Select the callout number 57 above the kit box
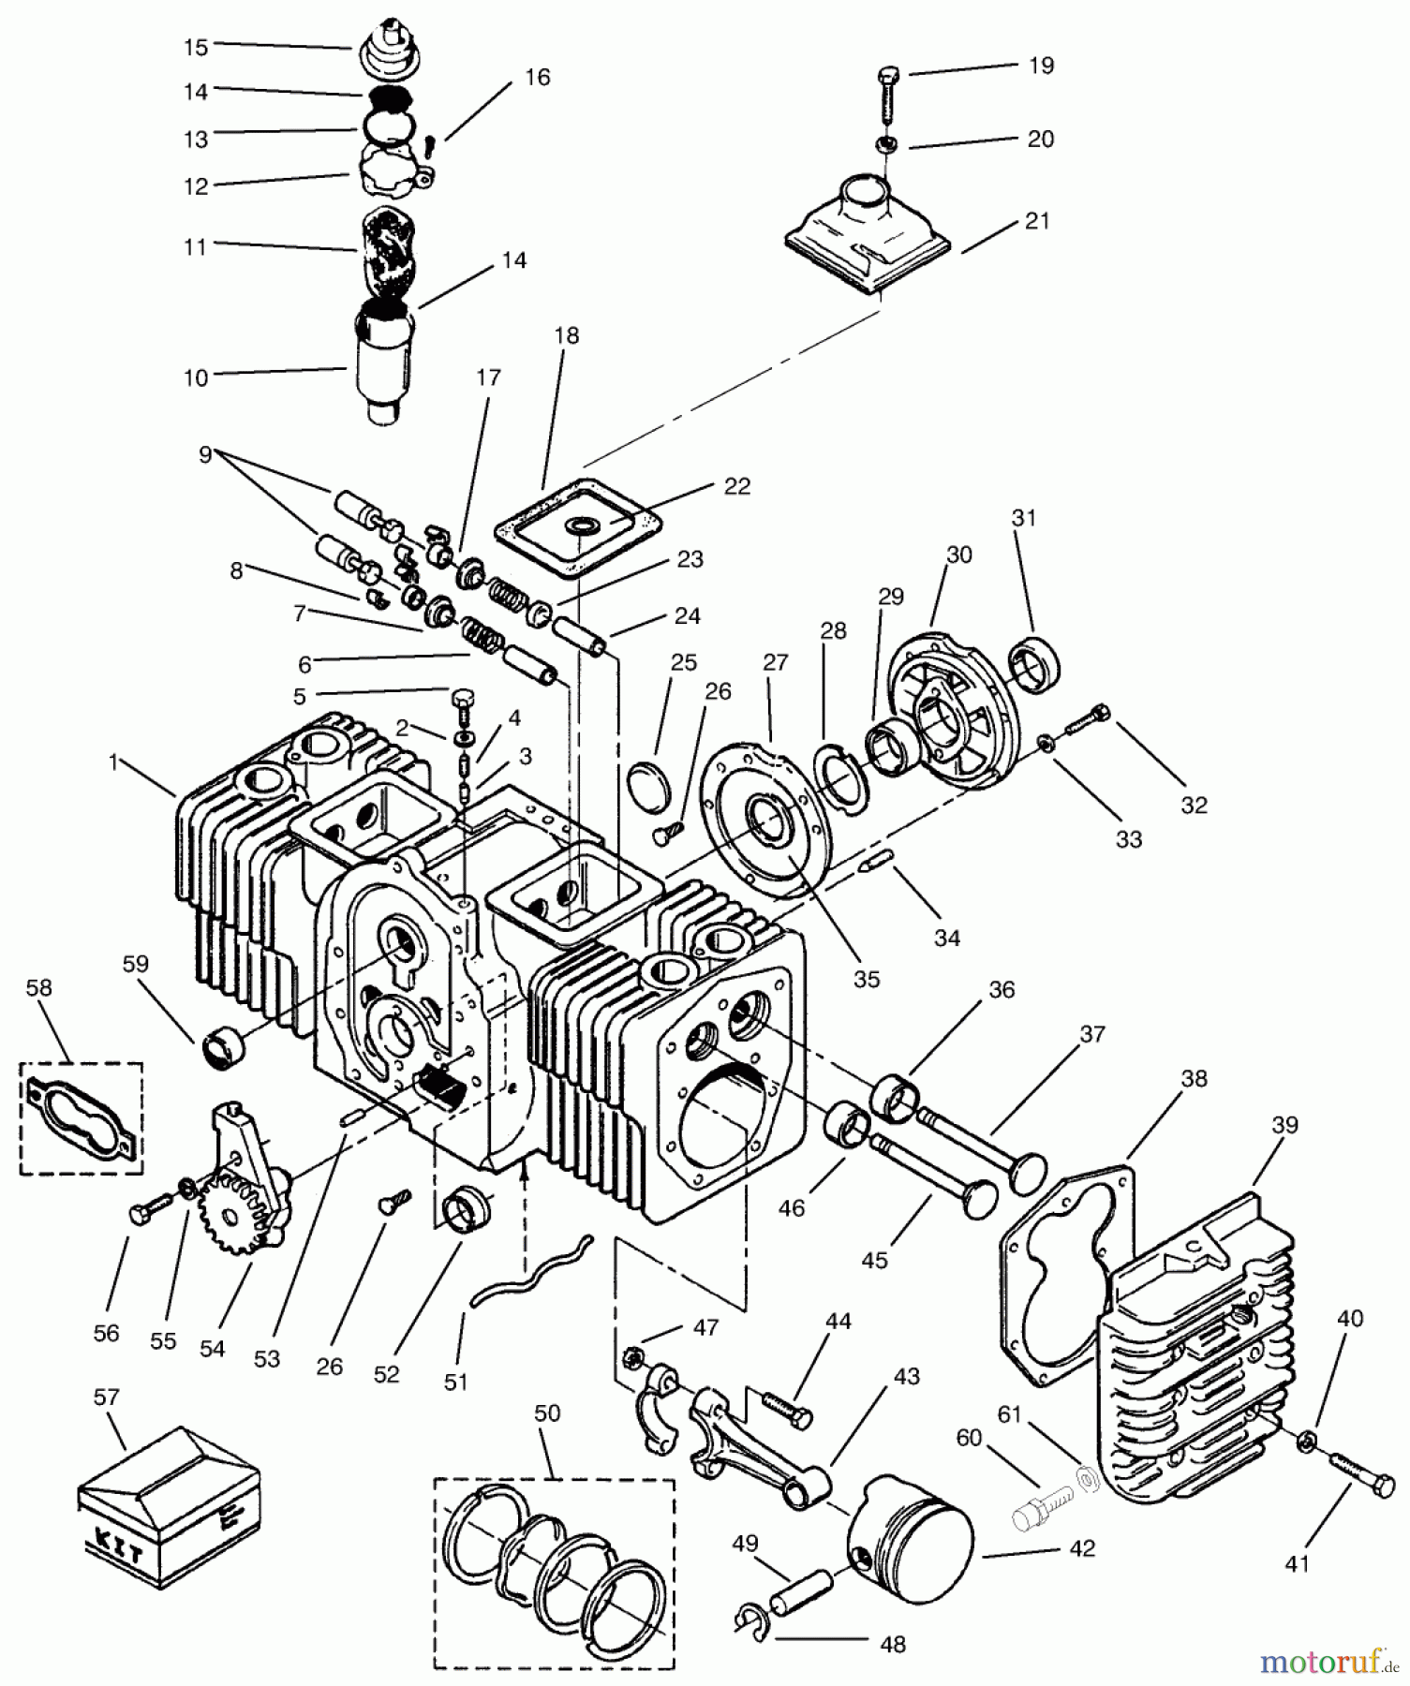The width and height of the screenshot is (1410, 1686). [x=107, y=1397]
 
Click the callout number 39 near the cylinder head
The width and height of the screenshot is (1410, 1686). [x=1285, y=1123]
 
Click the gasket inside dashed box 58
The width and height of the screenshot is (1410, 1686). [x=82, y=1116]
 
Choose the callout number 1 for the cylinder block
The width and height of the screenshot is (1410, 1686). [x=113, y=762]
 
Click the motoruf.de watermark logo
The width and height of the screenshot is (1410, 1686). [x=1322, y=1661]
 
